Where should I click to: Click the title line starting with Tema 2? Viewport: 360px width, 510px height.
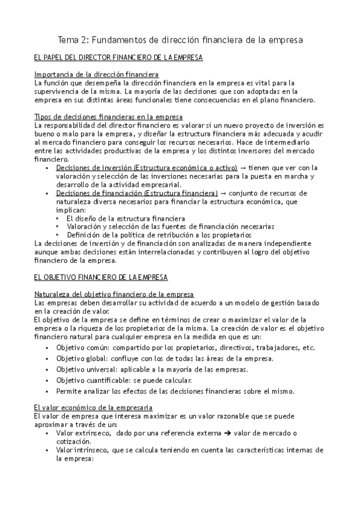click(x=180, y=40)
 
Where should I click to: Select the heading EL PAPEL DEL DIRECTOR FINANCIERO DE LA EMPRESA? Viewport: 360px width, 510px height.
click(x=118, y=58)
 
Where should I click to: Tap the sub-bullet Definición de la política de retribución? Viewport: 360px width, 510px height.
click(x=158, y=235)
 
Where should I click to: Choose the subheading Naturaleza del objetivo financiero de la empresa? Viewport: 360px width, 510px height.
click(x=114, y=293)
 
